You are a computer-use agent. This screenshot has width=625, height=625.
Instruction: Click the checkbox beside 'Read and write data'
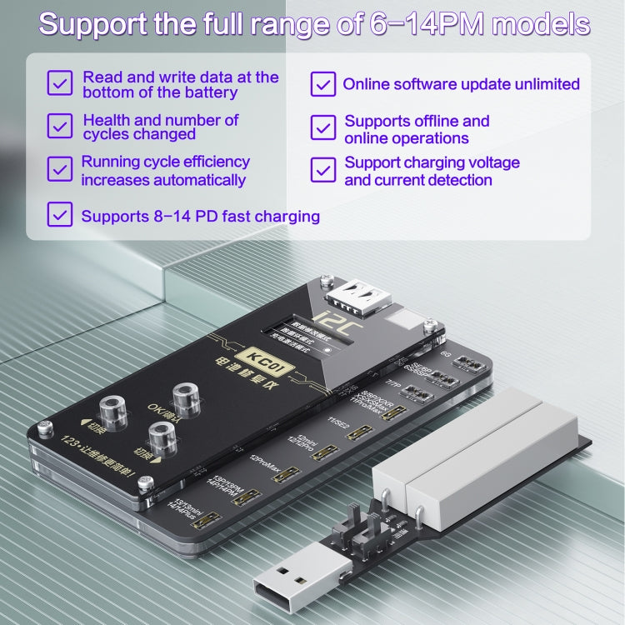point(60,83)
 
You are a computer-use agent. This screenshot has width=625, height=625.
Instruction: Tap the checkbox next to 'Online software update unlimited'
point(322,84)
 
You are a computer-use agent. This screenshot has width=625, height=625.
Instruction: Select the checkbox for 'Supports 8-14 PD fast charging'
point(60,214)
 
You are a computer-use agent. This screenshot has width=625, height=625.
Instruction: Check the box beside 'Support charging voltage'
point(322,169)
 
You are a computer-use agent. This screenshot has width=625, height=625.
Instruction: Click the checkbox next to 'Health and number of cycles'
point(60,127)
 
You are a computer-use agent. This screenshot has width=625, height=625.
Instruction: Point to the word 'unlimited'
point(538,84)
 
